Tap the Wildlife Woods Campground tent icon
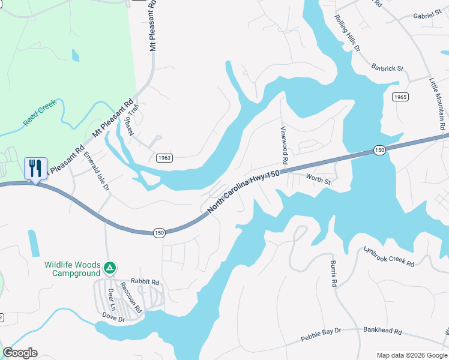tap(109, 266)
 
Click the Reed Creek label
tap(40, 112)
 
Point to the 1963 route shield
tap(166, 157)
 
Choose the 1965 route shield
tap(401, 97)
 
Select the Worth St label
tap(318, 179)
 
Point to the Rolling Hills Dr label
tap(347, 33)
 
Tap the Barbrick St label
tap(387, 68)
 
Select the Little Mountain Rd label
tap(437, 100)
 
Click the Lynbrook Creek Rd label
tap(389, 256)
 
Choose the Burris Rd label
tap(332, 274)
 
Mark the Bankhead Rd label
tap(382, 331)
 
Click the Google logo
tap(20, 353)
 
